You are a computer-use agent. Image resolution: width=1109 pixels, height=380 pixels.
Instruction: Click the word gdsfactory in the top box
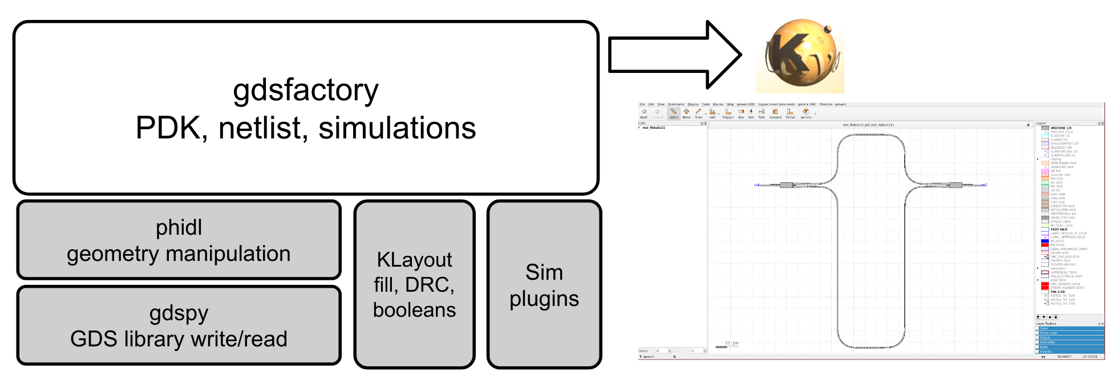[x=306, y=90]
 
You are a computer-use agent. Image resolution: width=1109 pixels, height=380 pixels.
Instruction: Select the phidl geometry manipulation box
[x=179, y=240]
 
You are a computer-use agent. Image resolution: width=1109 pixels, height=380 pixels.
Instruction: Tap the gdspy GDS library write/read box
[x=179, y=325]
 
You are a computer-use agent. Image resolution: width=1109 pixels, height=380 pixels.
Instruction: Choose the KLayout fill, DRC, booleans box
[x=414, y=284]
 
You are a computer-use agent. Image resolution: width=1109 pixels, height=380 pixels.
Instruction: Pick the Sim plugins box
[x=544, y=285]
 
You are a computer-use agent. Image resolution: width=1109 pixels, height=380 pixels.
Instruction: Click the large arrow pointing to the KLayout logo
[x=673, y=55]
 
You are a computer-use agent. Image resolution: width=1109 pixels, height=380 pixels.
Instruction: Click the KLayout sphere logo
[x=800, y=55]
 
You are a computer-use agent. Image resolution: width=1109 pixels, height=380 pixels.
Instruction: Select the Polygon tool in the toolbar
[x=728, y=113]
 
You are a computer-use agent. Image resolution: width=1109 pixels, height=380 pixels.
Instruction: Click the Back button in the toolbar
[x=643, y=113]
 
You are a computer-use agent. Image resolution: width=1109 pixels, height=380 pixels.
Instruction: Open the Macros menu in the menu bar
[x=718, y=104]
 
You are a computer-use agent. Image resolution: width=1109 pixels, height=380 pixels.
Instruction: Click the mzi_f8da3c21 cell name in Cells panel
[x=654, y=128]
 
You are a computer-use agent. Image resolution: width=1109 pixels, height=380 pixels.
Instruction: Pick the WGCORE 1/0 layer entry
[x=1061, y=128]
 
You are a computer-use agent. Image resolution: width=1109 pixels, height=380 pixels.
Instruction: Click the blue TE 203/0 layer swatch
[x=1045, y=241]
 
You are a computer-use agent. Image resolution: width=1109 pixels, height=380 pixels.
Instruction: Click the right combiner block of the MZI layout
[x=954, y=185]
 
